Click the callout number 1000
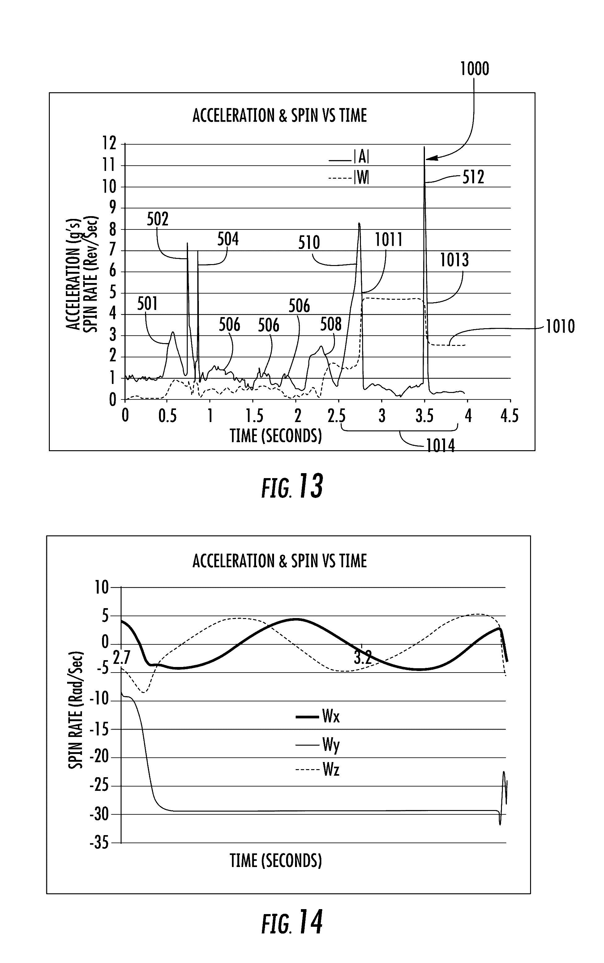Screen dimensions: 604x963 click(x=474, y=69)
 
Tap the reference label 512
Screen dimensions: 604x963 click(x=473, y=177)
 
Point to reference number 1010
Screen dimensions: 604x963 click(x=560, y=327)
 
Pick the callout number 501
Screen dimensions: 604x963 click(x=148, y=304)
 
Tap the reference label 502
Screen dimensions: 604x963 click(x=158, y=219)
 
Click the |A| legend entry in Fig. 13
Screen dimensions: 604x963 click(x=361, y=158)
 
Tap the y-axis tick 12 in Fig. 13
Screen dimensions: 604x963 click(x=109, y=143)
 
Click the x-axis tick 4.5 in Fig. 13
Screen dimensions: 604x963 click(x=509, y=416)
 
